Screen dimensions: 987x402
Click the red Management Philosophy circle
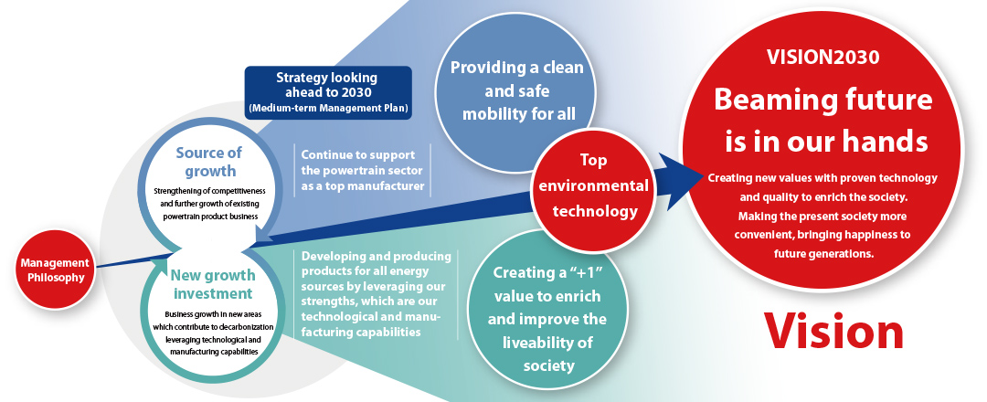(x=55, y=270)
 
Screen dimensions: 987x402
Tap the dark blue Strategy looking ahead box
(x=328, y=92)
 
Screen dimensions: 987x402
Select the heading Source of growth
(x=208, y=162)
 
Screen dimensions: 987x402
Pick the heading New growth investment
(x=213, y=284)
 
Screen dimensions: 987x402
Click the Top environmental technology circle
(x=593, y=187)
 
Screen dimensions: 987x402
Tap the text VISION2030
(x=822, y=58)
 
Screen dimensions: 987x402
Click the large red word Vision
(x=833, y=330)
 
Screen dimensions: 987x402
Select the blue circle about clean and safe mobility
(x=516, y=92)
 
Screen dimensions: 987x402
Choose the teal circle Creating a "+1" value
(x=547, y=318)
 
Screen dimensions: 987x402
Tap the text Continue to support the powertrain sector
(x=362, y=171)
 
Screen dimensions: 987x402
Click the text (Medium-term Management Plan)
(x=328, y=108)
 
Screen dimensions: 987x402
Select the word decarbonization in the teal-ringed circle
(x=249, y=327)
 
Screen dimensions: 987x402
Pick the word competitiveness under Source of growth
(x=244, y=191)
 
